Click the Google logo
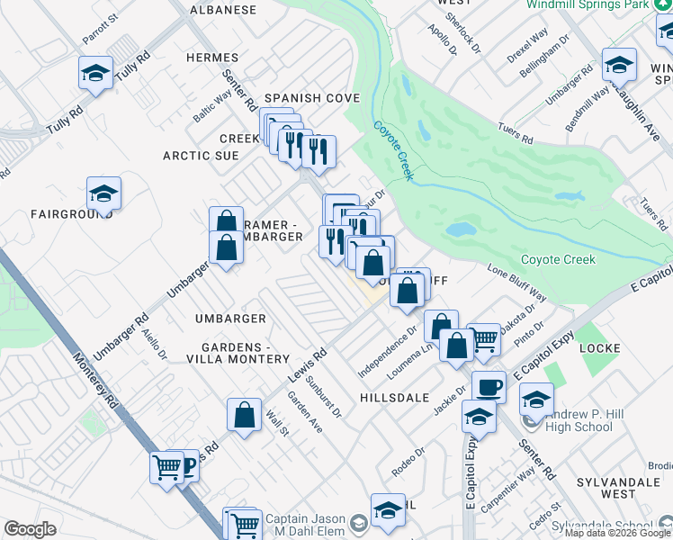tap(30, 529)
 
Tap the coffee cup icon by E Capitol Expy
tap(489, 387)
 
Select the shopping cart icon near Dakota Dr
tap(483, 339)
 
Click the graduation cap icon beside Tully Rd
tap(95, 73)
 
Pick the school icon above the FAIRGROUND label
tap(103, 193)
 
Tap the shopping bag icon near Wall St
tap(244, 415)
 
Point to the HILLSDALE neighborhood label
tap(393, 396)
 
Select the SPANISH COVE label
tap(311, 98)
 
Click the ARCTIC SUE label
tap(201, 156)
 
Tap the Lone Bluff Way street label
tap(516, 282)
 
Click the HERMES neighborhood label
tap(212, 58)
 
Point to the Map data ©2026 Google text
tap(618, 533)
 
